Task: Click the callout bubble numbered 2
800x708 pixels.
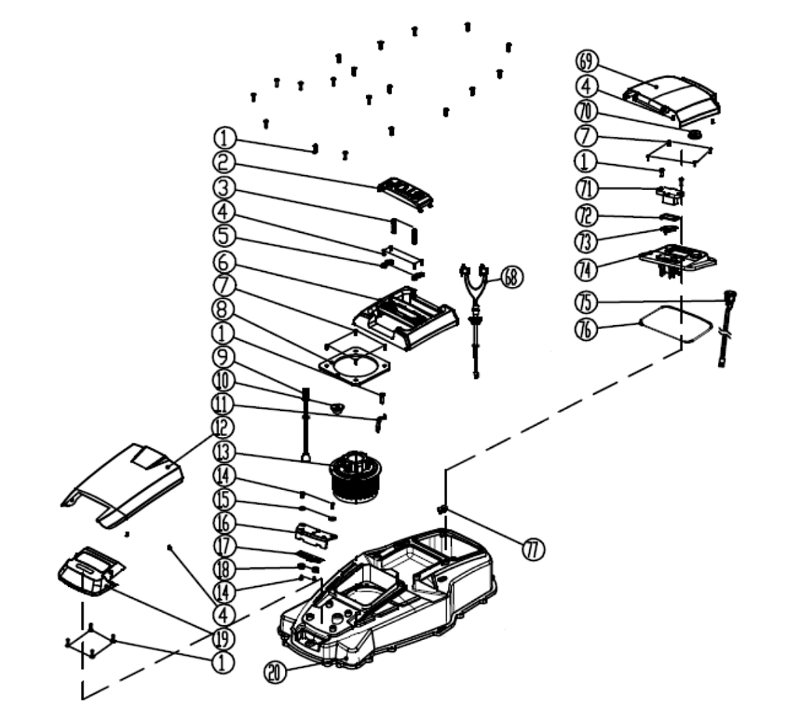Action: click(x=224, y=162)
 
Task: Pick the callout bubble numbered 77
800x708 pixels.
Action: click(x=534, y=549)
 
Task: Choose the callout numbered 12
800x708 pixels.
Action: click(x=224, y=427)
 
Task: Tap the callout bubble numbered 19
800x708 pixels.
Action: click(x=223, y=637)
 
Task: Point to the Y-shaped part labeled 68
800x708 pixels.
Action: click(x=474, y=293)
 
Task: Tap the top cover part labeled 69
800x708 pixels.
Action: click(x=671, y=98)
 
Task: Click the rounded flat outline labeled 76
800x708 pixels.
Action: click(x=675, y=320)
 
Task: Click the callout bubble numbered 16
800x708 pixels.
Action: click(x=224, y=523)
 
